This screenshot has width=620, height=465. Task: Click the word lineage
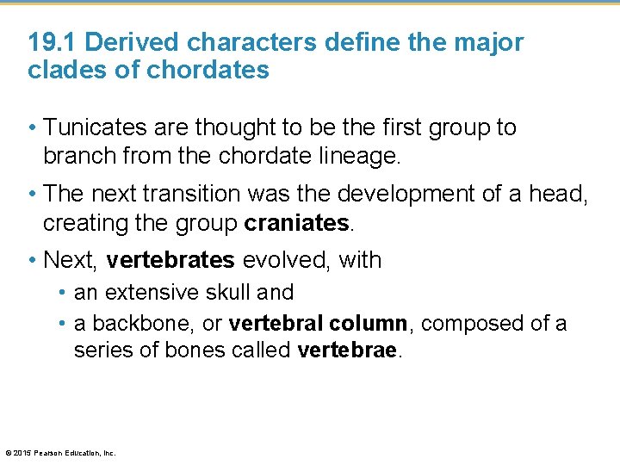tap(377, 156)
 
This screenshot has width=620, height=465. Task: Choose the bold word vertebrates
tap(170, 260)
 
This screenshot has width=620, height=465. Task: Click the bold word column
tap(370, 324)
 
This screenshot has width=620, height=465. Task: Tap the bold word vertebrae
tap(348, 351)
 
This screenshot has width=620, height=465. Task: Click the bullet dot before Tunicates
tap(33, 128)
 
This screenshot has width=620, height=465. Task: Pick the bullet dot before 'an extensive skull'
tap(64, 293)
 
